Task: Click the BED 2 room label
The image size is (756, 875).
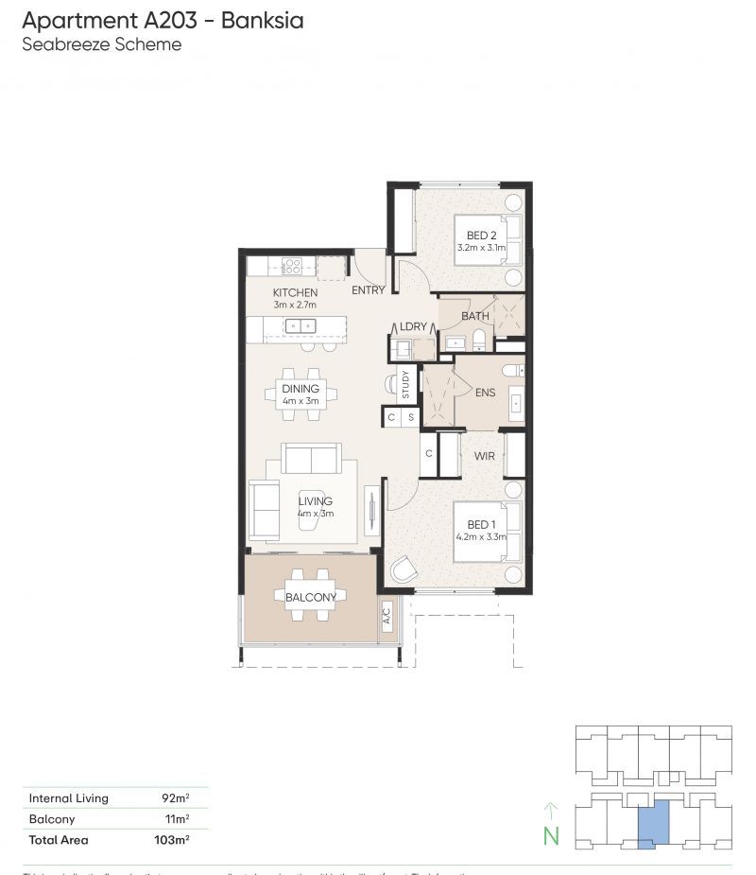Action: point(481,236)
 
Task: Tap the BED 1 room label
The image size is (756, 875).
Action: point(481,524)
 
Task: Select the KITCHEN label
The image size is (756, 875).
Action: point(295,292)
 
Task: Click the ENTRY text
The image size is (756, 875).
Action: point(368,290)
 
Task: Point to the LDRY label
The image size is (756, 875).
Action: point(413,326)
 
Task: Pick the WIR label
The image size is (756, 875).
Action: point(485,455)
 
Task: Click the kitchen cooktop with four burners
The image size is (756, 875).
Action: point(292,267)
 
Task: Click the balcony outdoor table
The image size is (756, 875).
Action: point(310,597)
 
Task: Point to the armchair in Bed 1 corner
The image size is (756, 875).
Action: point(404,569)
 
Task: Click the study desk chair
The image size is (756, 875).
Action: point(391,383)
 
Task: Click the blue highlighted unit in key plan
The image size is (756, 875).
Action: point(653,822)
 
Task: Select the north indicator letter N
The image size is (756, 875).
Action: point(552,835)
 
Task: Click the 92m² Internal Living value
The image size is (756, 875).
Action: point(175,798)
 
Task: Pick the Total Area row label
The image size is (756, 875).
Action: point(59,839)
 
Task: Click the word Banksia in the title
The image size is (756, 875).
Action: point(262,20)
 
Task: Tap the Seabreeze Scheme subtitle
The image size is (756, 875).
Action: point(101,44)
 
